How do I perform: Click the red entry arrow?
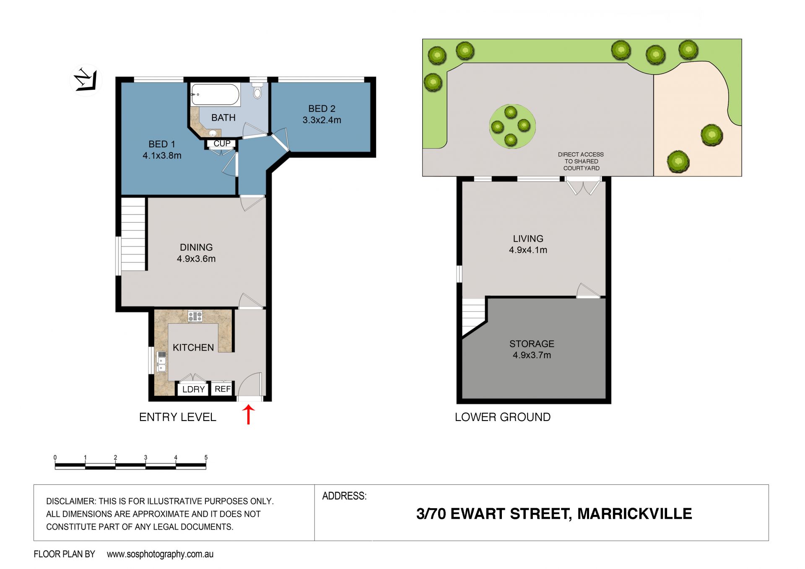coord(249,414)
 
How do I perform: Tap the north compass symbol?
coord(86,80)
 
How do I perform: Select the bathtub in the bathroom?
coord(215,94)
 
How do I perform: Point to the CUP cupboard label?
coord(222,143)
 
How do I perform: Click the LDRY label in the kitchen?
coord(193,389)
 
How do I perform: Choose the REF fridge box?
coord(222,389)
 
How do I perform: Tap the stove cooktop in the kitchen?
coord(195,316)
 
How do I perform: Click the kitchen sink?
coord(161,362)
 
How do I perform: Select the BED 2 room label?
coord(322,109)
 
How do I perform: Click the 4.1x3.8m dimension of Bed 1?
coord(162,156)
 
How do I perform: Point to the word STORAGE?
coord(532,344)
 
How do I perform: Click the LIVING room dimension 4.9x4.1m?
coord(528,250)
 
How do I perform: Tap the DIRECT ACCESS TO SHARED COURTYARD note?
coord(581,161)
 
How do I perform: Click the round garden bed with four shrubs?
coord(512,126)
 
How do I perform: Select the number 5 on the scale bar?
coord(206,457)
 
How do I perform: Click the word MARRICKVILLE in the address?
coord(634,514)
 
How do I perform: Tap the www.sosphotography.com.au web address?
coord(160,554)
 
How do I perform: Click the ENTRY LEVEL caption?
coord(177,417)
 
